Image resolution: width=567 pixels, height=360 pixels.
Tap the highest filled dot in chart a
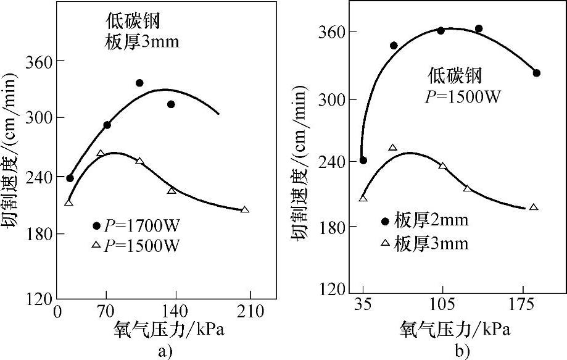tap(139, 83)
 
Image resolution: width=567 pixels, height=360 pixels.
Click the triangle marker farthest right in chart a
tap(245, 210)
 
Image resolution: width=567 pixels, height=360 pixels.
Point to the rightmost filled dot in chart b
tap(537, 73)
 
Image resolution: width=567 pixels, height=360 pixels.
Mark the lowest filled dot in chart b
tap(363, 160)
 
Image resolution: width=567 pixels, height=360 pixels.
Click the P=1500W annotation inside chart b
tap(462, 96)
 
